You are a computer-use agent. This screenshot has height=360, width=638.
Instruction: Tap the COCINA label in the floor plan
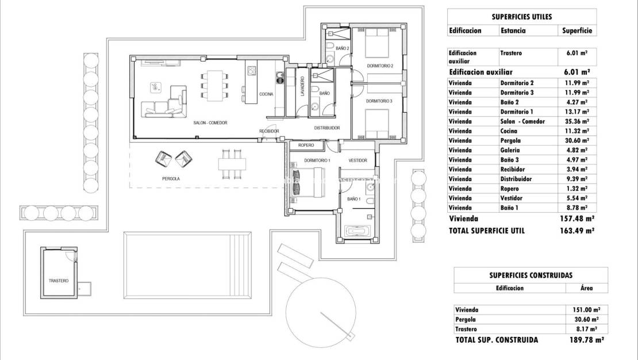[x=266, y=94]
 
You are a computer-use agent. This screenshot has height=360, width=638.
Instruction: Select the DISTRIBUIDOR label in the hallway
[x=326, y=128]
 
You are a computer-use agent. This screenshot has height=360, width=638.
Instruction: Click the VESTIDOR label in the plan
[x=358, y=160]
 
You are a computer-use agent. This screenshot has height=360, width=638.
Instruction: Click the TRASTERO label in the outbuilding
[x=59, y=281]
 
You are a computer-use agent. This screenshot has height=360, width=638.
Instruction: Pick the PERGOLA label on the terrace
[x=171, y=179]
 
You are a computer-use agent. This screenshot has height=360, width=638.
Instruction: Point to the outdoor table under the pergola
[x=229, y=164]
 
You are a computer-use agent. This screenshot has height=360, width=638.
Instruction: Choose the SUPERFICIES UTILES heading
[x=522, y=17]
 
